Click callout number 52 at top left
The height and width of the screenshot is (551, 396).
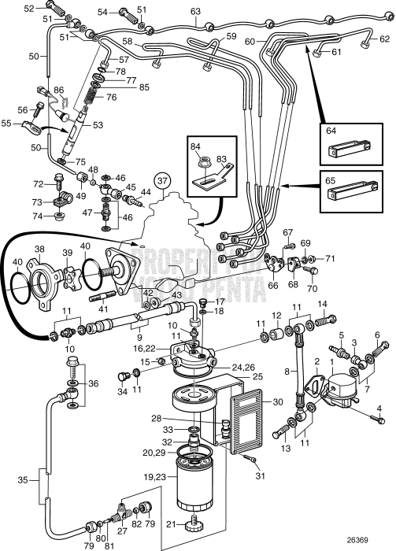click(x=28, y=9)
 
